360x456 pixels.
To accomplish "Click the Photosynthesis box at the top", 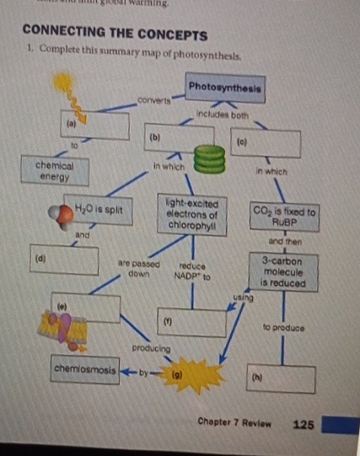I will (226, 87).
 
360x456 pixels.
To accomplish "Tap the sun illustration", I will (63, 85).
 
